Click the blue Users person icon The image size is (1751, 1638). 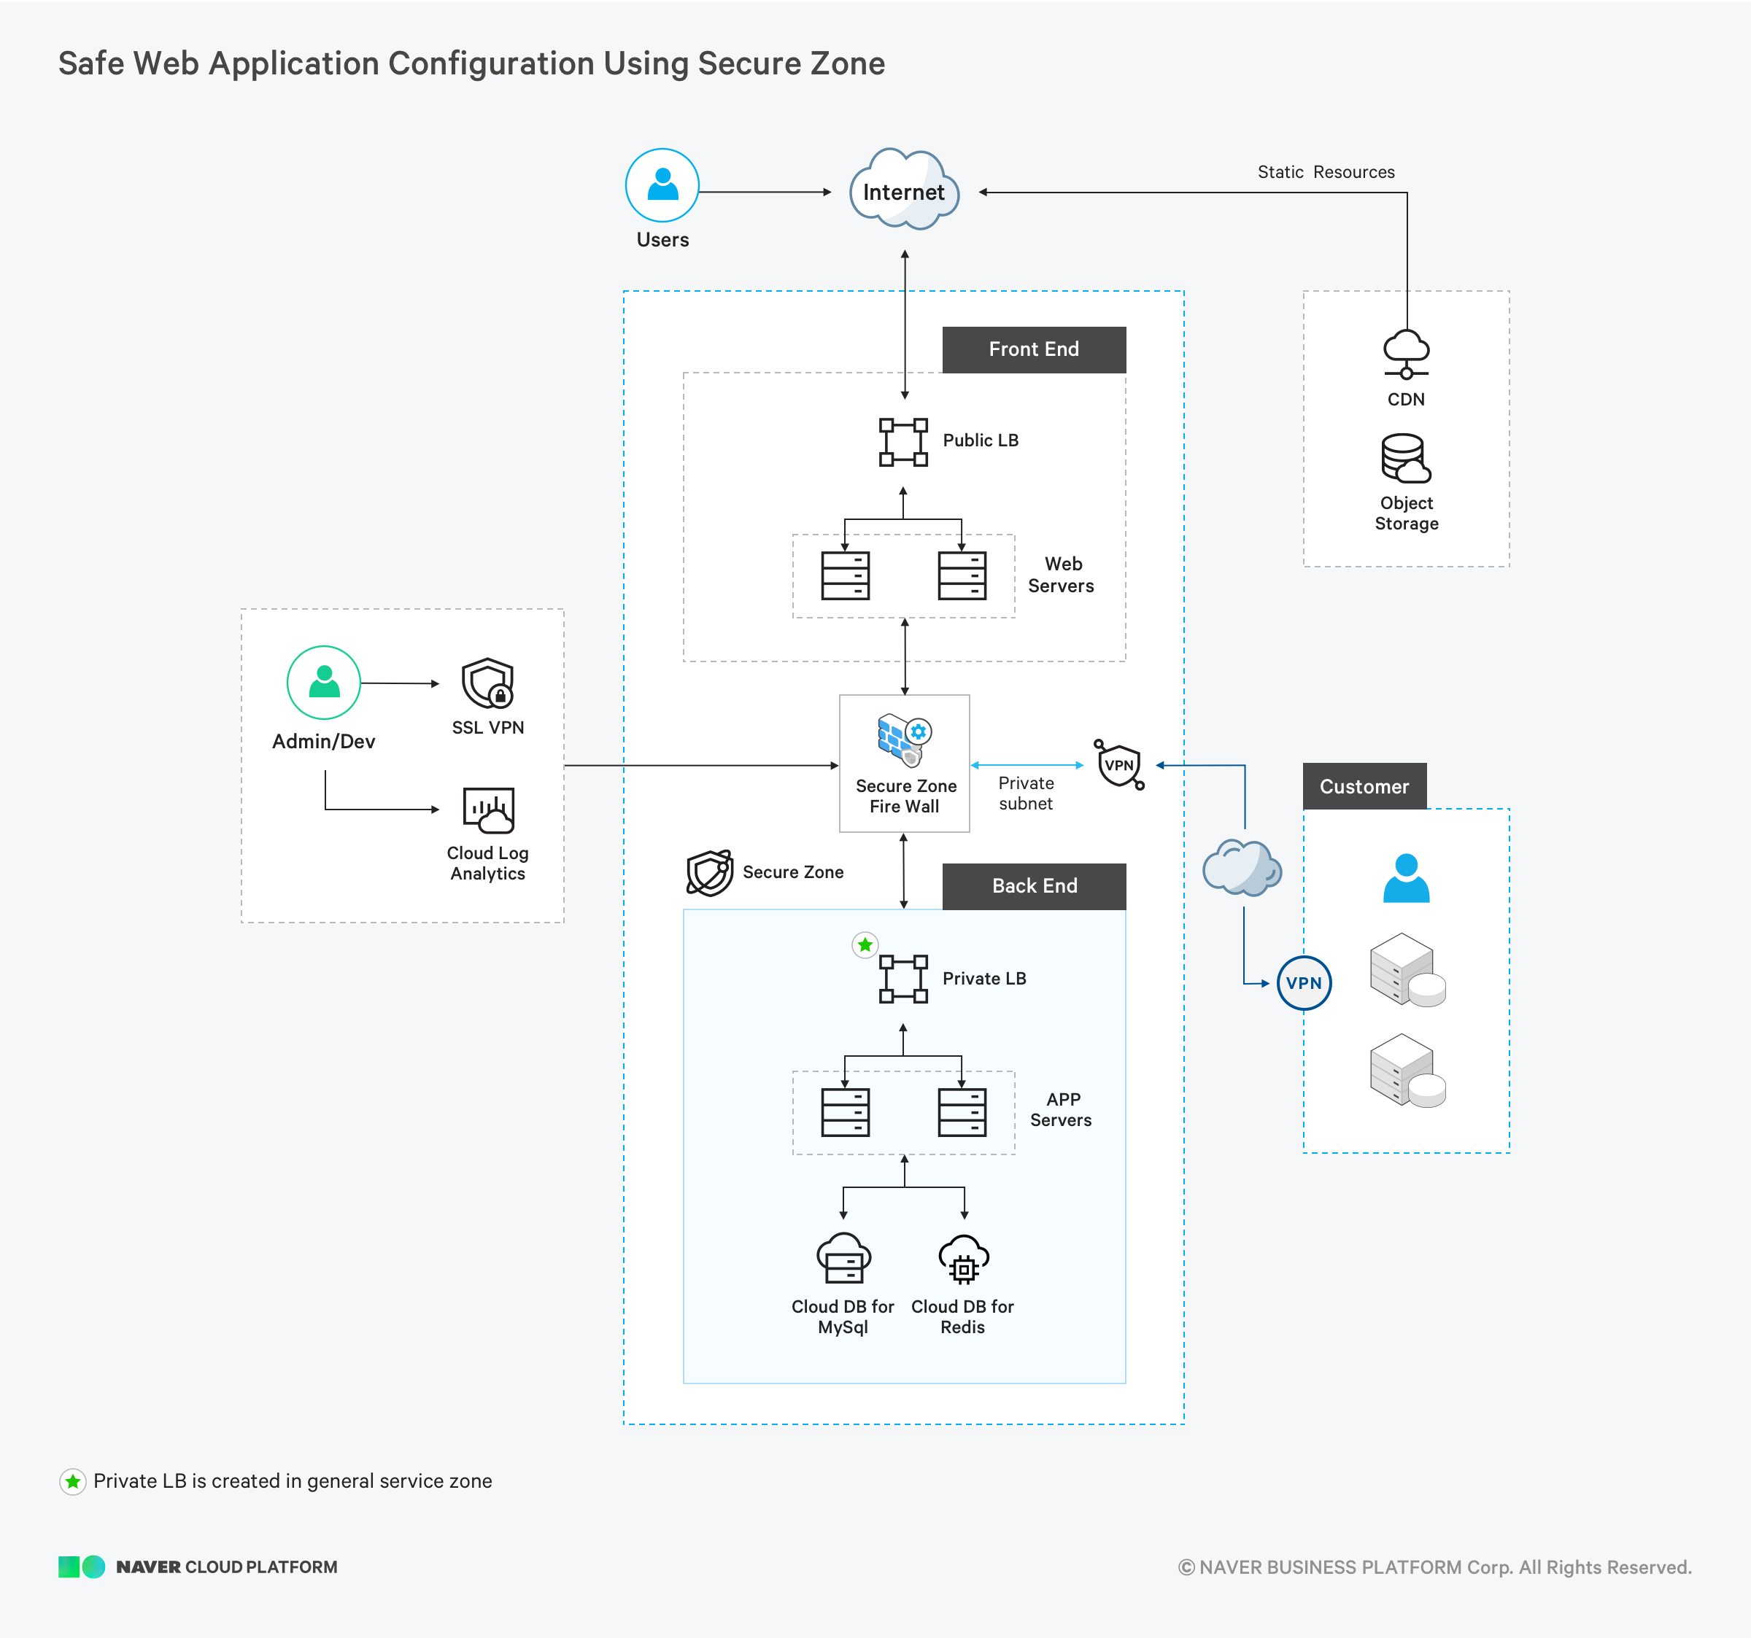662,185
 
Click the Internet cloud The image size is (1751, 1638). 905,190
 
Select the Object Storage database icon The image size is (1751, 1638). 1406,458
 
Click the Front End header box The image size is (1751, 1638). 1034,349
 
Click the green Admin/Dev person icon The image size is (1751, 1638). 324,683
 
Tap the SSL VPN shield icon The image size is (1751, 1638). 488,683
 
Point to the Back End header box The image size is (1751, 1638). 1034,886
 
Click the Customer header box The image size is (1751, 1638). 1364,786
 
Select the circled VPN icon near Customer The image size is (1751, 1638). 1304,983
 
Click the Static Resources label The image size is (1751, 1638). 1326,171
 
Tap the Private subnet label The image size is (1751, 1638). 1026,793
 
